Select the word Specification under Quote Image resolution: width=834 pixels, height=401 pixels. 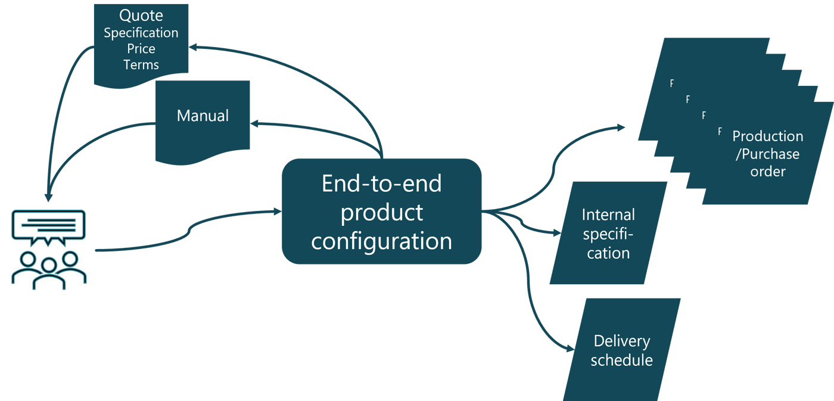pos(141,33)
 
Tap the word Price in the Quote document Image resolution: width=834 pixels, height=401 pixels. pos(141,49)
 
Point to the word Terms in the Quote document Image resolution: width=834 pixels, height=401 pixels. pos(141,64)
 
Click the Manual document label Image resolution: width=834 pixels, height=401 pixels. pos(203,116)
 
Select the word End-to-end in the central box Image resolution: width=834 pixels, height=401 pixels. pos(381,184)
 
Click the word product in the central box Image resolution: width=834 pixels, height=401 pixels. pos(381,212)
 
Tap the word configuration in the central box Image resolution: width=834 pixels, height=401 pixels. pos(381,241)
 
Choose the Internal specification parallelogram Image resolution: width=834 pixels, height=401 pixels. pos(608,233)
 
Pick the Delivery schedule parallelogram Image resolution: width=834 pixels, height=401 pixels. pos(621,350)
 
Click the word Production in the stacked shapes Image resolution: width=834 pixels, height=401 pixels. pos(767,136)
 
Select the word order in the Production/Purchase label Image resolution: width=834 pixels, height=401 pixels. pos(767,172)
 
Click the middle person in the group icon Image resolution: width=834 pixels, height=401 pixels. pos(49,271)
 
